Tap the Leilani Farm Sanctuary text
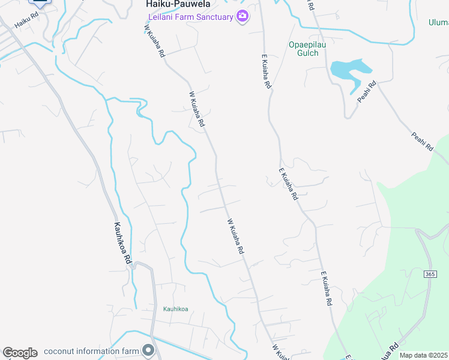[x=190, y=17]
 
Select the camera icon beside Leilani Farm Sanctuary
[x=243, y=16]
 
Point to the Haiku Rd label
[x=22, y=23]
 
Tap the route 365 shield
[x=429, y=274]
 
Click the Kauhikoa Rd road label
[x=122, y=244]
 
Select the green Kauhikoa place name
[x=175, y=310]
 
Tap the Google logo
[x=20, y=353]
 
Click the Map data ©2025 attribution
[x=423, y=355]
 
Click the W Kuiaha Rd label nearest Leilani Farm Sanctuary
[x=154, y=40]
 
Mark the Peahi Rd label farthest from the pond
[x=423, y=140]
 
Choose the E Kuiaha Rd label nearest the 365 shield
[x=326, y=290]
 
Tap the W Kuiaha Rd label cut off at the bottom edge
[x=277, y=353]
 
